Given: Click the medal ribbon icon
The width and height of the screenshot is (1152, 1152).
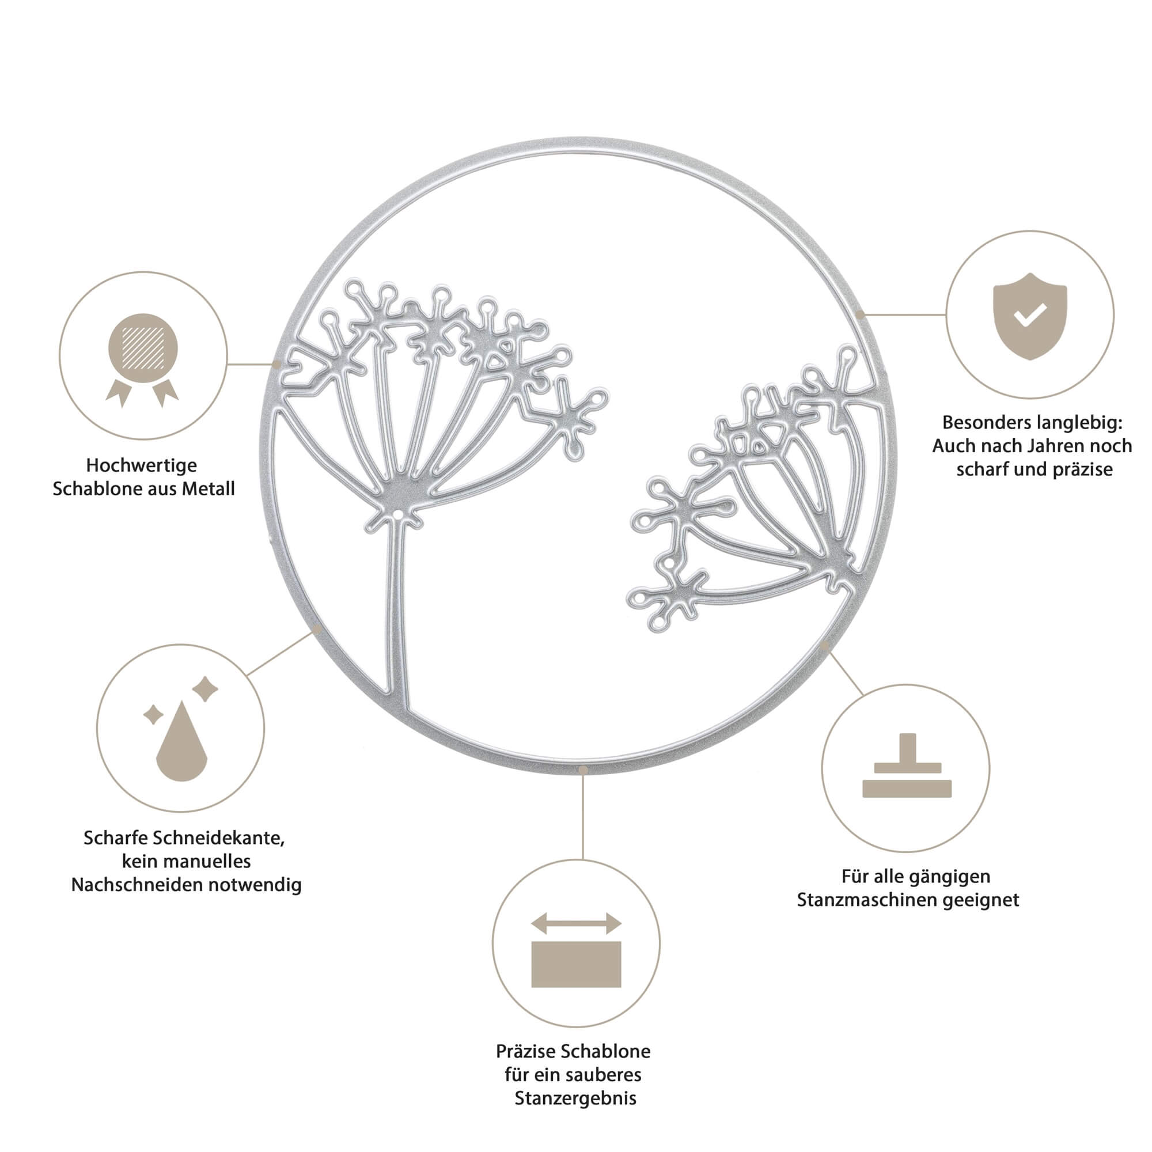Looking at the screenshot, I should point(142,358).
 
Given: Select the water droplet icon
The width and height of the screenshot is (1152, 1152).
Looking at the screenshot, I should point(181,743).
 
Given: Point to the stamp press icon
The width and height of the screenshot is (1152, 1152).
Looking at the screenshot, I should point(907,767).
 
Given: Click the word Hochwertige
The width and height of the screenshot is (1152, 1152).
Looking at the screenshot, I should point(141,465).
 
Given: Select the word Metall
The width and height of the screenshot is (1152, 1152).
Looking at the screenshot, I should point(208,489).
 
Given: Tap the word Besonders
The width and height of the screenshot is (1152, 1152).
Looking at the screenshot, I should point(984,423).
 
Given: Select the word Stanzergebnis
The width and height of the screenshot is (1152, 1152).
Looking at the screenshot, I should point(575,1098).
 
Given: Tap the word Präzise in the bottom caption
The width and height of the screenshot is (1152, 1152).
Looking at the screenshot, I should point(525,1051).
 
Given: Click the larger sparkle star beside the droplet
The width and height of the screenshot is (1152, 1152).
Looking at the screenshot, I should point(205,689).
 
